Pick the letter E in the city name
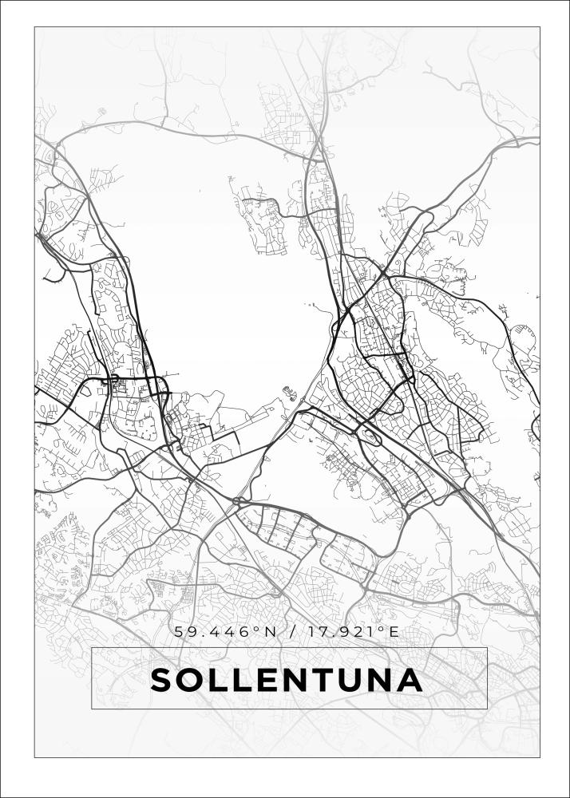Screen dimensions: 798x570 tap(271, 680)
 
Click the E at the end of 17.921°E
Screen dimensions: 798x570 tap(393, 631)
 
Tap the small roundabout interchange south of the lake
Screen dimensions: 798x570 tap(237, 502)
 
